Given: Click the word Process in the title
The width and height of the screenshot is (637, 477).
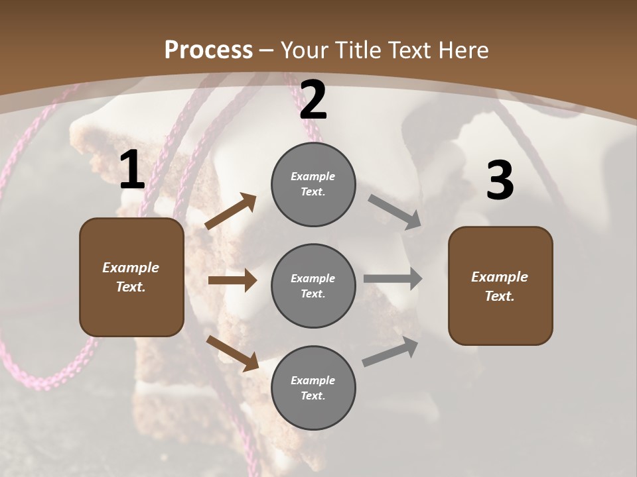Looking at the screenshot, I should [208, 50].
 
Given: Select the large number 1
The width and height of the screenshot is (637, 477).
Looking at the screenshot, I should [132, 170].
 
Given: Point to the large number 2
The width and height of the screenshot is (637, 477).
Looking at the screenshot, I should [313, 101].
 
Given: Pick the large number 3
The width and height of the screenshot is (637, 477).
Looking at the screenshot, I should [500, 181].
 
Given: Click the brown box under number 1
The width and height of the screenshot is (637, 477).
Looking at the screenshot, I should [131, 277].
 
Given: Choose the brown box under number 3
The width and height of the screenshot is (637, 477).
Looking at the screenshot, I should [500, 286].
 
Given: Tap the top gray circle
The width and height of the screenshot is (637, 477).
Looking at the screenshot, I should [313, 184].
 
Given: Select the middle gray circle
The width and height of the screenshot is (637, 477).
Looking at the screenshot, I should [313, 286].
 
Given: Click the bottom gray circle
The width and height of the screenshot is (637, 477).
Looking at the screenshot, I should [313, 388].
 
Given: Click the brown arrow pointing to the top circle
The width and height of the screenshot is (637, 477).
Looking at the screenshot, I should [231, 211].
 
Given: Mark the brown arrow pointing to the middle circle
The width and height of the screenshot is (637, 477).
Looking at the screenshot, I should [232, 280].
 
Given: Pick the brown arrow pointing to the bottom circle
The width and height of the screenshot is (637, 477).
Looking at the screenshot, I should [232, 352].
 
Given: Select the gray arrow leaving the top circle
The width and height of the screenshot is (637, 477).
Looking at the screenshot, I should [395, 212].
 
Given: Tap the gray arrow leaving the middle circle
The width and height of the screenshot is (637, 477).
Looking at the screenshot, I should [393, 278].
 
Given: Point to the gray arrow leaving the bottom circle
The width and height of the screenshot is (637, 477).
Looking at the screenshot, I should [390, 352].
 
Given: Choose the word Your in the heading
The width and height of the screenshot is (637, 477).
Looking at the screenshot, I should [304, 50].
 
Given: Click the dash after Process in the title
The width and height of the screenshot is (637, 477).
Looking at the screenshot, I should [267, 51].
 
